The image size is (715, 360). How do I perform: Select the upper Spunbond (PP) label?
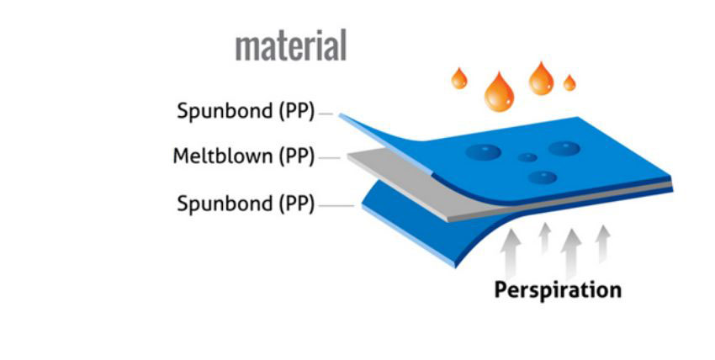pos(245,112)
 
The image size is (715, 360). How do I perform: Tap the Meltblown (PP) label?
pos(243,157)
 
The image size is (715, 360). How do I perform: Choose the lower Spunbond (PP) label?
pos(245,204)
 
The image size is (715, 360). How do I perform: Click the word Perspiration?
pos(558,290)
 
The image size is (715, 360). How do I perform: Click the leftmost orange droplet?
pos(458,79)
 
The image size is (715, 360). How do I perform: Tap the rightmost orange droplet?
pos(569,82)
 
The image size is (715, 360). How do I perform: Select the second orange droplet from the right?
pos(541,78)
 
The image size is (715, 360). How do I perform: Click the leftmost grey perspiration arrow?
pos(511,251)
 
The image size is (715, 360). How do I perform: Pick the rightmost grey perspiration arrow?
pos(602,242)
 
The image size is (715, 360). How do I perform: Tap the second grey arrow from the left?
pos(544,237)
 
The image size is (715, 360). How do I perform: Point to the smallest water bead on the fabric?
pos(527,157)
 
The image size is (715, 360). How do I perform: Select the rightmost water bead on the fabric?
pos(564,149)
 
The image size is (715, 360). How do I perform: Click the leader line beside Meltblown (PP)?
pos(330,157)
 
